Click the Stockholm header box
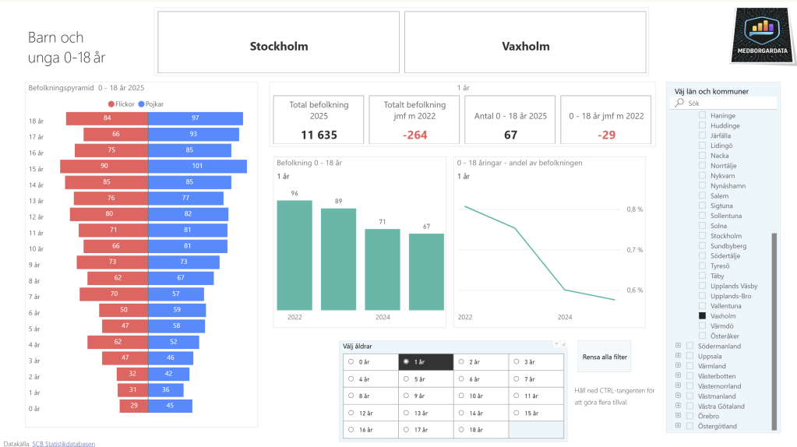coord(278,46)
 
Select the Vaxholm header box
coord(525,46)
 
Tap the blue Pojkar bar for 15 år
coord(197,167)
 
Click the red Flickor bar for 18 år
coord(107,118)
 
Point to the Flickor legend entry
coord(122,104)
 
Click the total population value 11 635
coord(319,135)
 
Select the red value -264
coord(415,135)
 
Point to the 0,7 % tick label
coord(635,250)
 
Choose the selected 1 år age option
coord(425,362)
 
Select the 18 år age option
coord(481,429)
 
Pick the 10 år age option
coord(481,396)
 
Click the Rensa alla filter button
coord(604,357)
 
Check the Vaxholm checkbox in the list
coord(702,316)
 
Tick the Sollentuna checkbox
coord(702,216)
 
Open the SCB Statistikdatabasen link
coord(64,444)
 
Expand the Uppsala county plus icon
coord(678,356)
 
